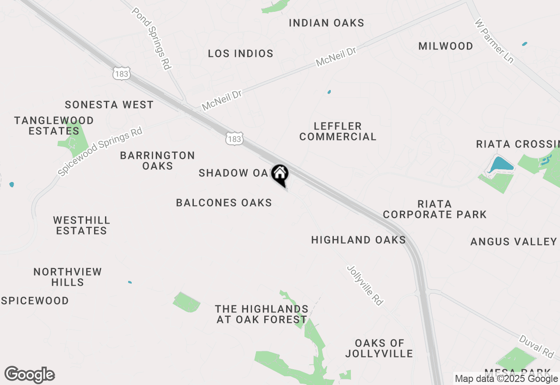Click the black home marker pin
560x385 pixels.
tap(280, 175)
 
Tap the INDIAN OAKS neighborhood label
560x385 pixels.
tap(326, 23)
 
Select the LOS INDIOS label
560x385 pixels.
tap(241, 54)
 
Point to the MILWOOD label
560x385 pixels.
tap(445, 46)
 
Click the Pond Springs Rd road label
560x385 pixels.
tap(151, 38)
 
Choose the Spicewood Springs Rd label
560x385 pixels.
tap(100, 151)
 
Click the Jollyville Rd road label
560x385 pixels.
tap(365, 285)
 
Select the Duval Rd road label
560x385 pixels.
tap(536, 345)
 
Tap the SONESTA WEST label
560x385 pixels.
tap(109, 105)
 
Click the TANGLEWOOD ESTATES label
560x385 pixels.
tap(54, 126)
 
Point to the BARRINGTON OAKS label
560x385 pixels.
tap(157, 161)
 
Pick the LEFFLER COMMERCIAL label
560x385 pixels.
tap(338, 131)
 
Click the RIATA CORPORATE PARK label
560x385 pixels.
tap(434, 209)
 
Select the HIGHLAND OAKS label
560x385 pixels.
tap(358, 240)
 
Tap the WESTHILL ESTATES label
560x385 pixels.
tap(81, 225)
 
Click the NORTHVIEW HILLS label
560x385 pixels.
tap(67, 277)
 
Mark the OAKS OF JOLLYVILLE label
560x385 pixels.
tap(379, 348)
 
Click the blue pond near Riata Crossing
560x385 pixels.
tap(500, 164)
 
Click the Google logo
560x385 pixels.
tap(30, 375)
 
